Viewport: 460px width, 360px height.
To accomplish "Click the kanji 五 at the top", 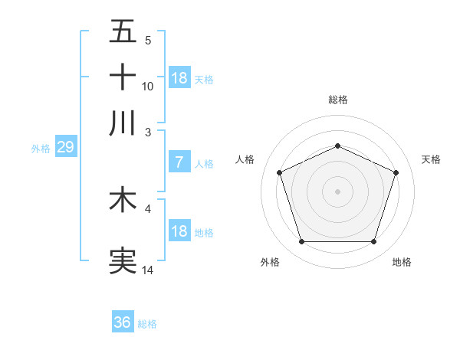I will tap(123, 32).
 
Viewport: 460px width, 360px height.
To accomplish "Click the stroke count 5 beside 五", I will tap(147, 41).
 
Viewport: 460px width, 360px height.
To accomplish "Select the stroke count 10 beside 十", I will tap(148, 87).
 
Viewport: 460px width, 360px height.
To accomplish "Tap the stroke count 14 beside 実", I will tap(148, 270).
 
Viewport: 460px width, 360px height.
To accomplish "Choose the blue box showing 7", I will tap(179, 162).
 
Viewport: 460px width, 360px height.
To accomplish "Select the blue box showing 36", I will tap(123, 322).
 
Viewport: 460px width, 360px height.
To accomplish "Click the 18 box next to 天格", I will tap(179, 78).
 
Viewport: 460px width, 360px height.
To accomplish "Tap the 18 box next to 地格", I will tap(179, 231).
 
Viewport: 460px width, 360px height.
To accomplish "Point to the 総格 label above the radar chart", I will tap(337, 100).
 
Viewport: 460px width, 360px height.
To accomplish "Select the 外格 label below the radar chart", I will tap(270, 262).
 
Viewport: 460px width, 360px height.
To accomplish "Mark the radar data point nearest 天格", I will tap(396, 172).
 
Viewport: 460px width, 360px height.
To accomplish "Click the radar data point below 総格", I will tap(337, 146).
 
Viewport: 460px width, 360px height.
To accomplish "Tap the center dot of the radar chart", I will tap(337, 191).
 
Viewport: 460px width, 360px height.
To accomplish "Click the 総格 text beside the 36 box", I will tap(147, 324).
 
